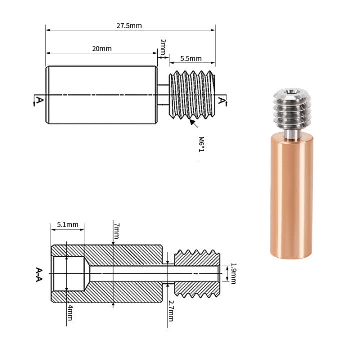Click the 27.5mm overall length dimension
tap(128, 25)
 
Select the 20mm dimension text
tap(102, 48)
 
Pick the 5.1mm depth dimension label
tap(67, 225)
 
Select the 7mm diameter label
tap(116, 230)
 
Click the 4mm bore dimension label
tap(70, 314)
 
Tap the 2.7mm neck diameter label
tap(171, 311)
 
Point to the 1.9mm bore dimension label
tap(233, 273)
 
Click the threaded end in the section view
tap(197, 273)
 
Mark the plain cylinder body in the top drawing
tap(102, 95)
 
